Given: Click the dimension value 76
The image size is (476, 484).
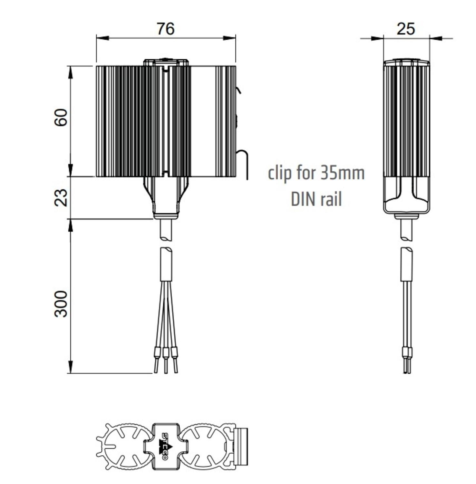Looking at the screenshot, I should pyautogui.click(x=165, y=29).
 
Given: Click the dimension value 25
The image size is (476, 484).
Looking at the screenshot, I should pyautogui.click(x=406, y=29).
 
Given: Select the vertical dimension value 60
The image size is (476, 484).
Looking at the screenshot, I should pyautogui.click(x=61, y=118).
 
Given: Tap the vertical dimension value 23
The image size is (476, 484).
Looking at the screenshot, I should pyautogui.click(x=61, y=197).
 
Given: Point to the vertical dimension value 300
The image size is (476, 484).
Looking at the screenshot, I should pyautogui.click(x=61, y=304).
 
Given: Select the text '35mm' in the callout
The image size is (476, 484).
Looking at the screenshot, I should pyautogui.click(x=342, y=173).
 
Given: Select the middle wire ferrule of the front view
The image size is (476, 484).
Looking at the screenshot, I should pyautogui.click(x=166, y=353).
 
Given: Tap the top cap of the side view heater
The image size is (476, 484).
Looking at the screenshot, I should pyautogui.click(x=406, y=62).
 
